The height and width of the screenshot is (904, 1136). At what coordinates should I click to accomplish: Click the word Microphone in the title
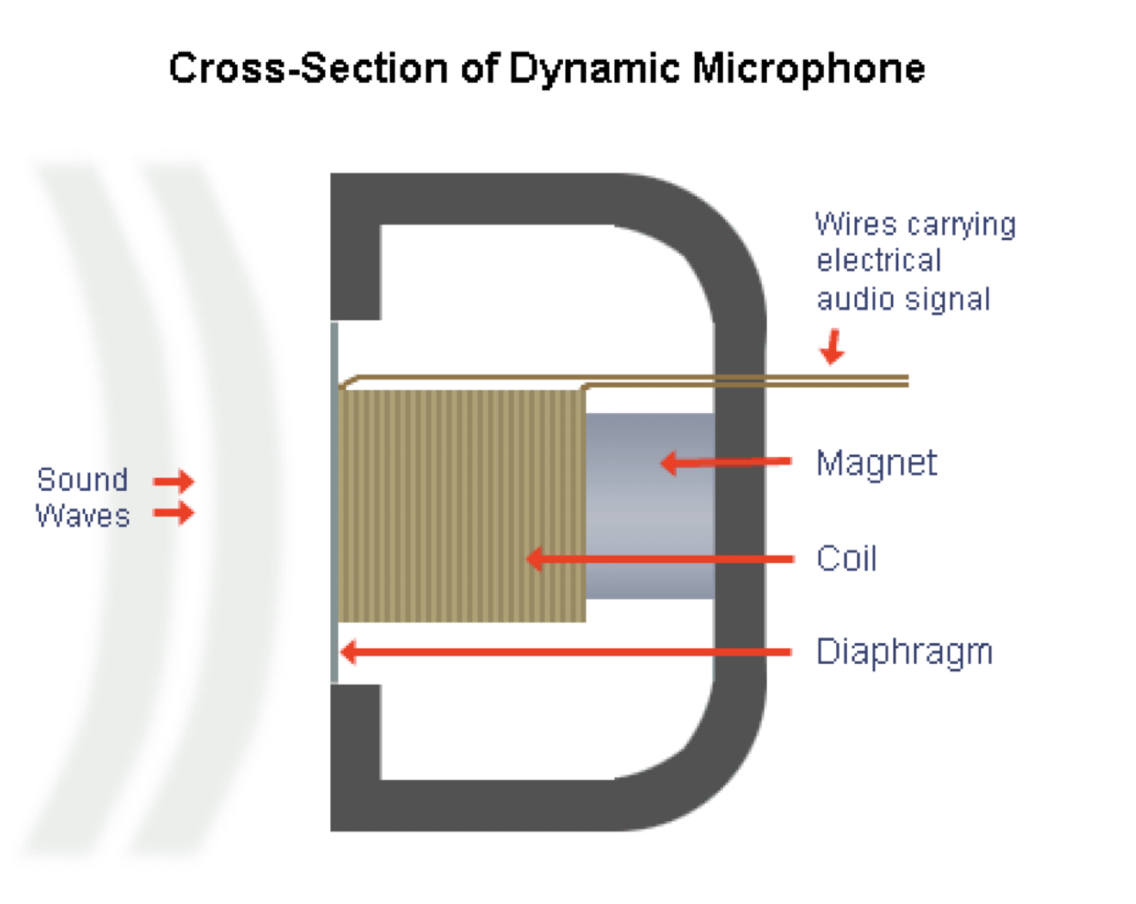click(x=808, y=69)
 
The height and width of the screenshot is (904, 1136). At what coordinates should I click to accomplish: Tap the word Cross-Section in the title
click(x=308, y=69)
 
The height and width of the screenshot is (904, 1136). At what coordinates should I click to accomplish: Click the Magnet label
click(x=876, y=464)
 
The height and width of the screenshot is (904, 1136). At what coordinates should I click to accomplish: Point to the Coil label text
click(x=845, y=559)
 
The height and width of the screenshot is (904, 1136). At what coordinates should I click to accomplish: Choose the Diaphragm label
click(x=904, y=652)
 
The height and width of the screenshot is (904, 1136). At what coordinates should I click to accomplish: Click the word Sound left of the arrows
click(x=83, y=480)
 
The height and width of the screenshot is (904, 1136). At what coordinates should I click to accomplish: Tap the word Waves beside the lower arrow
click(x=83, y=516)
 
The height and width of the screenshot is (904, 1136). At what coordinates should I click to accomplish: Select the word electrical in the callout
click(x=878, y=262)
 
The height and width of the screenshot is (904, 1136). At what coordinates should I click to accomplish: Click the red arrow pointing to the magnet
click(x=725, y=462)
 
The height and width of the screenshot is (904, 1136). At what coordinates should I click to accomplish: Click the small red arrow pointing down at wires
click(x=832, y=346)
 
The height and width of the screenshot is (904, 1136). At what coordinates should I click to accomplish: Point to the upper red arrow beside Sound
click(x=174, y=481)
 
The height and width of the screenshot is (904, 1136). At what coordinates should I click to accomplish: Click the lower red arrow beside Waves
click(x=174, y=514)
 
